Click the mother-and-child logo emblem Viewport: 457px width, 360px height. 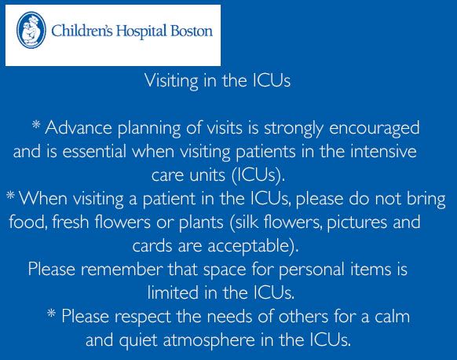pos(31,31)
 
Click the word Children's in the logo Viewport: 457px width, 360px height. pos(82,31)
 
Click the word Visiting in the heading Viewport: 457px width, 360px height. pos(171,80)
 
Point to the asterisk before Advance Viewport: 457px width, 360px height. pos(36,125)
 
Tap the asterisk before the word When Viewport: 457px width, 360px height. pos(10,195)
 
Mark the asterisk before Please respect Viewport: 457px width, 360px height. pos(51,314)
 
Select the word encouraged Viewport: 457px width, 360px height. pos(375,129)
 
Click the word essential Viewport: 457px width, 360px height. pos(94,151)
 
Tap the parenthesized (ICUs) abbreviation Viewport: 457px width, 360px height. pos(258,175)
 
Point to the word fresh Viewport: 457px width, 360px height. pos(71,222)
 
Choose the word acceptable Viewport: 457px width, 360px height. pos(253,246)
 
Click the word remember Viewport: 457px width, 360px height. pos(122,270)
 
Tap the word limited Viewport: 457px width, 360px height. pos(173,292)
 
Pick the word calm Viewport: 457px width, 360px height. pos(393,316)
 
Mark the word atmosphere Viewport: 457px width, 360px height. pos(209,340)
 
